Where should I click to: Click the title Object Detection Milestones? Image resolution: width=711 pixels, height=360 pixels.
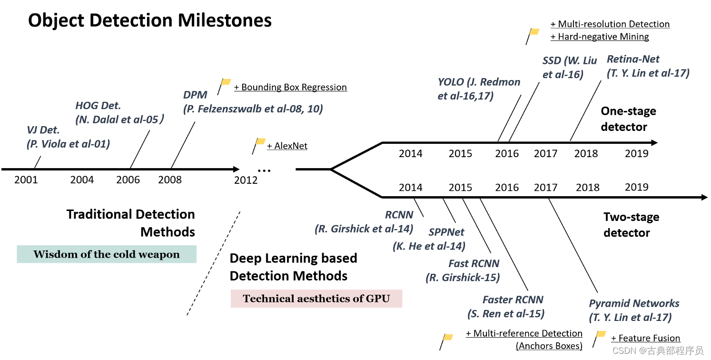click(x=150, y=20)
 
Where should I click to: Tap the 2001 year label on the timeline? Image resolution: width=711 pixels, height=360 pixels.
click(x=26, y=180)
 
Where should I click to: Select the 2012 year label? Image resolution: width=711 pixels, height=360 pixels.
click(x=246, y=180)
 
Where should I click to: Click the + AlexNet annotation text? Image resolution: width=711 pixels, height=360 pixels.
click(x=287, y=146)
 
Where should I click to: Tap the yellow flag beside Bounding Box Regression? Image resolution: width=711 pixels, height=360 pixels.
click(x=225, y=82)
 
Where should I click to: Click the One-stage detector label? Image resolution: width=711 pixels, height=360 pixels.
click(x=628, y=119)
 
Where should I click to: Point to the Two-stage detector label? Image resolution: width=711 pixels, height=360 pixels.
click(x=631, y=225)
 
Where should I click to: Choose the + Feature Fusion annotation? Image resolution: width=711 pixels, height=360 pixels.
click(x=645, y=338)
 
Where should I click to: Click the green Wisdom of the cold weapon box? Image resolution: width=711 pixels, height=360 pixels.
click(x=107, y=254)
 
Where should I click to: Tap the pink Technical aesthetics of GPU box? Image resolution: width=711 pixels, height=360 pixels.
click(x=316, y=299)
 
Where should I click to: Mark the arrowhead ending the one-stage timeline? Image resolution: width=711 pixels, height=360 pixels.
click(x=654, y=142)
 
